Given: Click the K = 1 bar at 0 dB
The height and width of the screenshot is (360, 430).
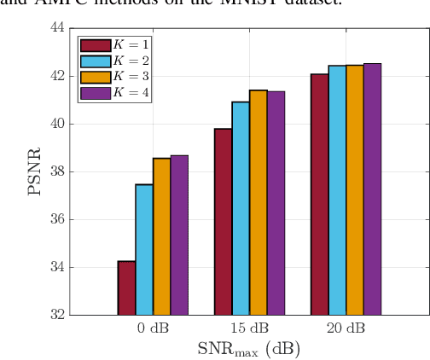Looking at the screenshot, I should tap(126, 287).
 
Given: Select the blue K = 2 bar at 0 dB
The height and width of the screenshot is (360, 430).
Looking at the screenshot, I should tap(143, 249).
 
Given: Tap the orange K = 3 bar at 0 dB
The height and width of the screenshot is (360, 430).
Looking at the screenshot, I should tap(161, 236).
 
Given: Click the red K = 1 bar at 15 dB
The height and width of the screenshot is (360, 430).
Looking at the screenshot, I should tap(223, 222).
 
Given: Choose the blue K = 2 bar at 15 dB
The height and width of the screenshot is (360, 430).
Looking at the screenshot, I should tap(241, 208).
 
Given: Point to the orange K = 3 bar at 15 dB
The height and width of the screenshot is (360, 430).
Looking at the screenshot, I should tap(258, 202).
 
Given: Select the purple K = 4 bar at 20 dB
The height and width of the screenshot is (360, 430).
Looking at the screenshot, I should tap(372, 189).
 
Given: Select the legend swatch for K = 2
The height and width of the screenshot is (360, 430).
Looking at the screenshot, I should tap(95, 61).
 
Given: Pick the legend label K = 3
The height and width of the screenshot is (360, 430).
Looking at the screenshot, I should tap(131, 77).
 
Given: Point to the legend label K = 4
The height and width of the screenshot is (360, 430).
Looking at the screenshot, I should tap(131, 92).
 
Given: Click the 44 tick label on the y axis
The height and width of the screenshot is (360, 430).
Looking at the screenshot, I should tap(55, 28).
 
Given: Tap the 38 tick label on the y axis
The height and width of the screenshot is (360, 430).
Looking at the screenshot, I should tap(55, 171).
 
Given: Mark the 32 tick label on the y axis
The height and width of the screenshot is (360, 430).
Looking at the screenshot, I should tap(55, 315).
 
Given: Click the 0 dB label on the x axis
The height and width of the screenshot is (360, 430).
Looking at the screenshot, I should tap(152, 329).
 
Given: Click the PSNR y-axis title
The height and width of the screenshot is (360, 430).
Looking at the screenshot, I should tap(34, 171).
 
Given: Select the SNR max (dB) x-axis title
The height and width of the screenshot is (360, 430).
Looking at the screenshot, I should tap(248, 349).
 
